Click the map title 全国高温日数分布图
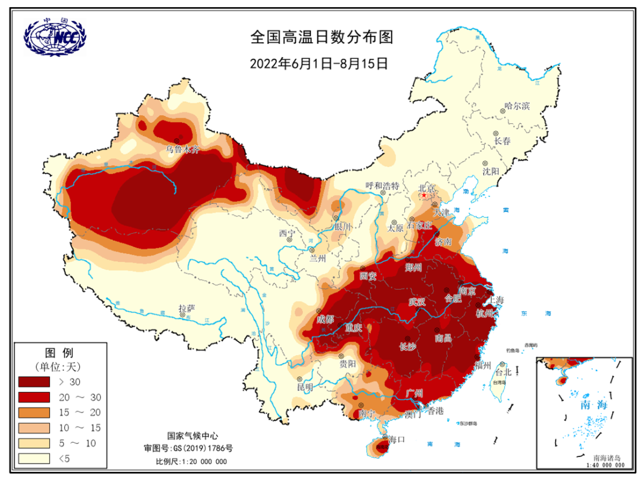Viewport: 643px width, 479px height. point(321,38)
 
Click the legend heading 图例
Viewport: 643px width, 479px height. point(59,352)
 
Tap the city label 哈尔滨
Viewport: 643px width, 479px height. point(517,106)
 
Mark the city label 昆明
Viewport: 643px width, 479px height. point(305,387)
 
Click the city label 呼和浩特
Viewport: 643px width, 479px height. point(382,186)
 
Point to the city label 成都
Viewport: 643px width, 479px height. point(326,319)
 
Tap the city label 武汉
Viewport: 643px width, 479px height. point(417,302)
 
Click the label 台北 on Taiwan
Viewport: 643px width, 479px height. point(503,372)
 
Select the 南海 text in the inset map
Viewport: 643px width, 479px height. point(593,405)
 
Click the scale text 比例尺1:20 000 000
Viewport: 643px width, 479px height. point(191,461)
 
